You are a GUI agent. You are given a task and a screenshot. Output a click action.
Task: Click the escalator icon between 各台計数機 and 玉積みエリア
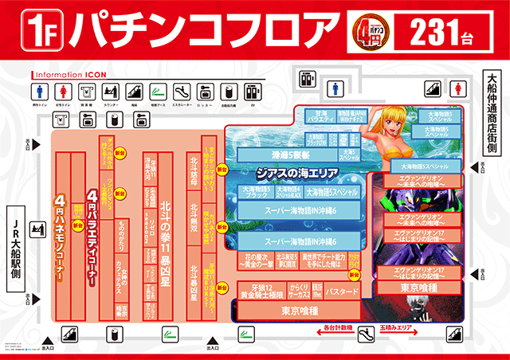click(x=367, y=331)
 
